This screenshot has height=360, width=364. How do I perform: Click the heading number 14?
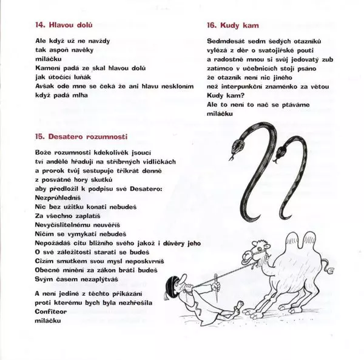(41, 27)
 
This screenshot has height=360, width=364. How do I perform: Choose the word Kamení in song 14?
(47, 68)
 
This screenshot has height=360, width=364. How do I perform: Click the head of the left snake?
(236, 146)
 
